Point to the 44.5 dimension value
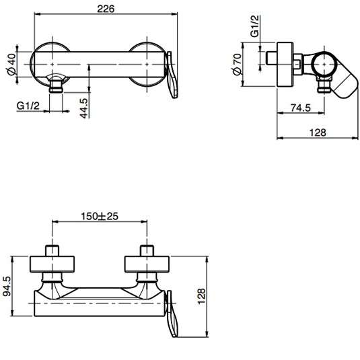(x=83, y=107)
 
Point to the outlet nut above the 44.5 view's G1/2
(x=57, y=85)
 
